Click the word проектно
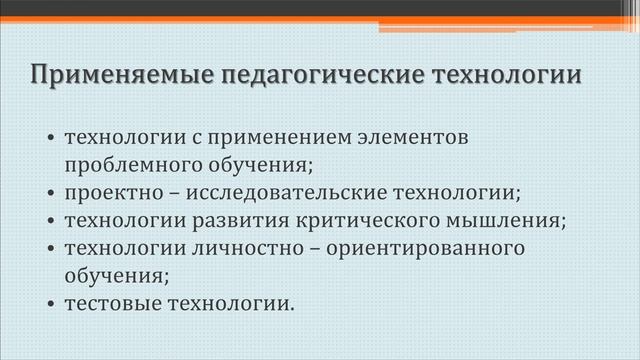(x=115, y=193)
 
